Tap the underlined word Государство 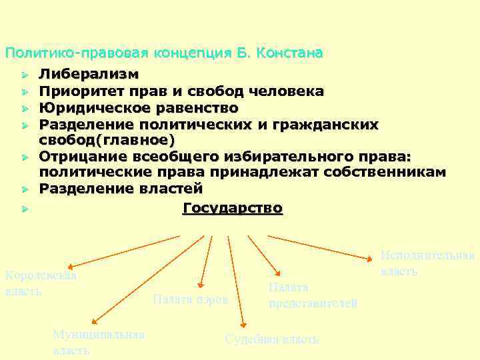(x=233, y=208)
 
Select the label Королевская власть (x=41, y=283)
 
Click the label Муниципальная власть (x=99, y=342)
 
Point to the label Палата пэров (x=190, y=299)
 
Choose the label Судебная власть (x=272, y=339)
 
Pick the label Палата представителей (x=313, y=295)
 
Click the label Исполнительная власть (x=427, y=263)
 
